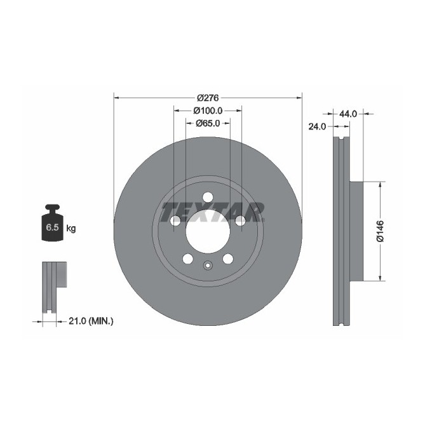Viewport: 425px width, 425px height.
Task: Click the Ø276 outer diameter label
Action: (207, 97)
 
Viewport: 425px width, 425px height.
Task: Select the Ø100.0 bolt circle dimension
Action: (207, 111)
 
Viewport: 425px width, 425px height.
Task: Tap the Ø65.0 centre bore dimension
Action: (207, 123)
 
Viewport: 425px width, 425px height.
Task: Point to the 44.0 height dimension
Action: (347, 114)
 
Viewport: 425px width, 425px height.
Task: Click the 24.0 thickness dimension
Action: (317, 126)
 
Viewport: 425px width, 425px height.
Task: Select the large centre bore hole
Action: (207, 233)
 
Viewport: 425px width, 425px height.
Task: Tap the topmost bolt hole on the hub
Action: (207, 198)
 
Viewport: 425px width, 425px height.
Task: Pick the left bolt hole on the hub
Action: (175, 220)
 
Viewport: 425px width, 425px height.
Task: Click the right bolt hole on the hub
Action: (239, 220)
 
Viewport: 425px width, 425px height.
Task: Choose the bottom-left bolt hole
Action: (187, 259)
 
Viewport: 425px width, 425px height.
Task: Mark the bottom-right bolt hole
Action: (227, 259)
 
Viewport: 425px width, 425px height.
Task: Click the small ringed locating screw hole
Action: (207, 267)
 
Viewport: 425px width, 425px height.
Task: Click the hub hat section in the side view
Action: (356, 231)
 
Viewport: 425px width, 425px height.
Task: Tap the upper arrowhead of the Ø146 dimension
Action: (380, 185)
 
